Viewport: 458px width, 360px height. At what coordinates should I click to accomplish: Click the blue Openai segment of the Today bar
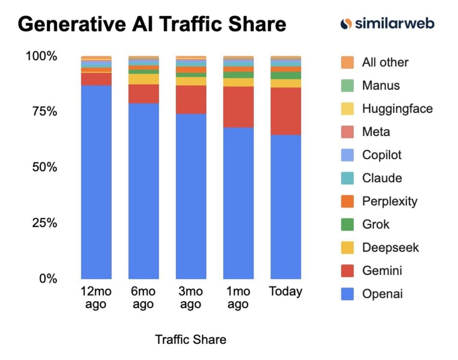(x=286, y=207)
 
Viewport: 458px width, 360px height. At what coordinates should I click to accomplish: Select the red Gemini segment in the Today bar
(x=286, y=111)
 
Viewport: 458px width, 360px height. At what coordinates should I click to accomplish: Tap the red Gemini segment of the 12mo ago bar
(x=96, y=79)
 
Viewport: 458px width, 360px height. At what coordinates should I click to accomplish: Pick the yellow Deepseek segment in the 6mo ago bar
(x=144, y=79)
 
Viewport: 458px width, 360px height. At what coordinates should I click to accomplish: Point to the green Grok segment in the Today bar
(x=286, y=76)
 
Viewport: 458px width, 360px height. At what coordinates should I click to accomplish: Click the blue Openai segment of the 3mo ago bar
(x=191, y=196)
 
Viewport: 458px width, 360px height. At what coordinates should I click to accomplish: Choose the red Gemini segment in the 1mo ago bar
(x=238, y=107)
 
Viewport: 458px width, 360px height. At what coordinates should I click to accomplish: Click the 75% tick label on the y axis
(x=44, y=111)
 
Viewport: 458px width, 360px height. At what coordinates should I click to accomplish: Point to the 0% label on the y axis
(x=48, y=279)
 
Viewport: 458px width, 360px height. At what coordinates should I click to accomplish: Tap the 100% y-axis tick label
(x=41, y=56)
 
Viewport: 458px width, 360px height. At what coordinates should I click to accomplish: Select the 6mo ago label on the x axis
(x=143, y=297)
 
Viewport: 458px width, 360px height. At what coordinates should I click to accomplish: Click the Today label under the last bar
(x=286, y=292)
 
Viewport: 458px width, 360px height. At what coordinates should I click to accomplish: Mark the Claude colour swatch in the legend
(x=347, y=178)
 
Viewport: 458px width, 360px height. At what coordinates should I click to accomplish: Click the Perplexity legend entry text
(x=389, y=202)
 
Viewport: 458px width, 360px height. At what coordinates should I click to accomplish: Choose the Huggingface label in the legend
(x=397, y=109)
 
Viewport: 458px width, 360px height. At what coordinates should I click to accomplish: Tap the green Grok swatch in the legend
(x=347, y=224)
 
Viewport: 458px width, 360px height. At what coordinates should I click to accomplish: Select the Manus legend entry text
(x=381, y=86)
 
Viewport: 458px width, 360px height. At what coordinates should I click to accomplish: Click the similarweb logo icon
(x=346, y=24)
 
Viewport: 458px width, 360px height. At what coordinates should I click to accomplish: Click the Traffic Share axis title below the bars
(x=191, y=340)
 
